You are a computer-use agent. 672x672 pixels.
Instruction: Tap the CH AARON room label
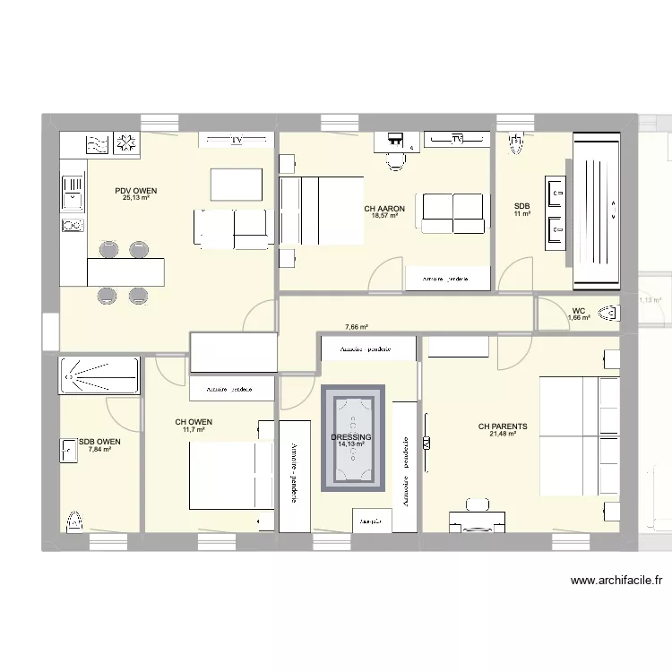[384, 209]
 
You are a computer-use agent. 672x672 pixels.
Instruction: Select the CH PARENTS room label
[503, 426]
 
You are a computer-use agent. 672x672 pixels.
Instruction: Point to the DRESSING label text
[351, 437]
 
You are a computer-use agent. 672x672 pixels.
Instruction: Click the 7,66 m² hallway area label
[358, 328]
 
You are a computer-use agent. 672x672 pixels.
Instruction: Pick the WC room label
[578, 312]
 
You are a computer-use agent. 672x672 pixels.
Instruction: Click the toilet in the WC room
[609, 314]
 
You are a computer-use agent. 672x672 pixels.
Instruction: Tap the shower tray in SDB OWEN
[99, 376]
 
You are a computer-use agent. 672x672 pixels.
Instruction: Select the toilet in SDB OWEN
[75, 519]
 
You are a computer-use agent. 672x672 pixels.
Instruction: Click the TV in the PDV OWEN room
[236, 140]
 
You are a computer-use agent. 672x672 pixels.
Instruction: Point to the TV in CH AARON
[457, 139]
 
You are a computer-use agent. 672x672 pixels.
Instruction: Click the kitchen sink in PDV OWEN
[72, 189]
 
